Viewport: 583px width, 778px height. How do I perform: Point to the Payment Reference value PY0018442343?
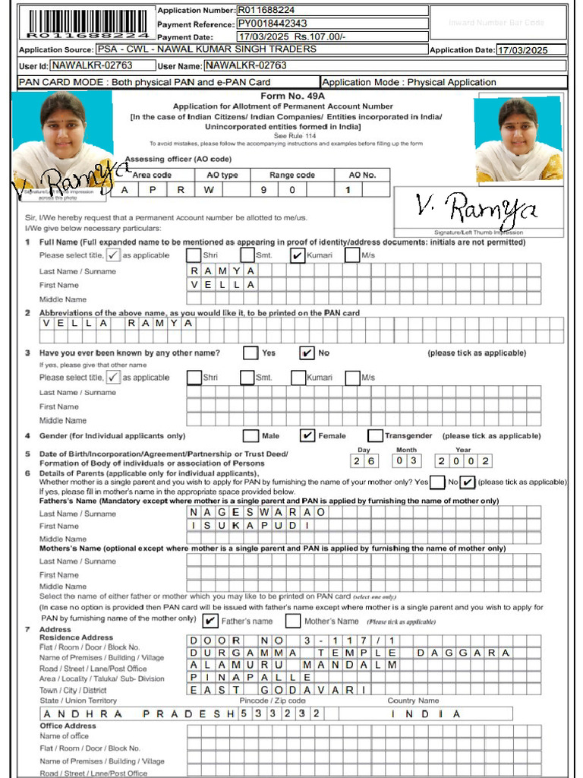pos(273,24)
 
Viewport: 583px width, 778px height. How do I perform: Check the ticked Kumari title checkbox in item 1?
pos(298,255)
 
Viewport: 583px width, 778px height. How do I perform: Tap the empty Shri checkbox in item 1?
pos(194,255)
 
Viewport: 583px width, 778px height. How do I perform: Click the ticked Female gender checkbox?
pos(307,435)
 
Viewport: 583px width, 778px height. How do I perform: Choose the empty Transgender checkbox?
pos(375,435)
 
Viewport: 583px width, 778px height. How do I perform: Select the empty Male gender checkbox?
pos(251,435)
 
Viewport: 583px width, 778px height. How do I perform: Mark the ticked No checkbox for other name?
pos(307,353)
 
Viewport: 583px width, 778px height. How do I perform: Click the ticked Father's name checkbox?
pos(211,621)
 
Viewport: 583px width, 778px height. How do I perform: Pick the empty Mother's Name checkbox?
pos(293,621)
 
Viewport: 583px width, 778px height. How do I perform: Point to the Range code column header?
pos(292,175)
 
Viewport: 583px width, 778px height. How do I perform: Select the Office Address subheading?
pos(68,726)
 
